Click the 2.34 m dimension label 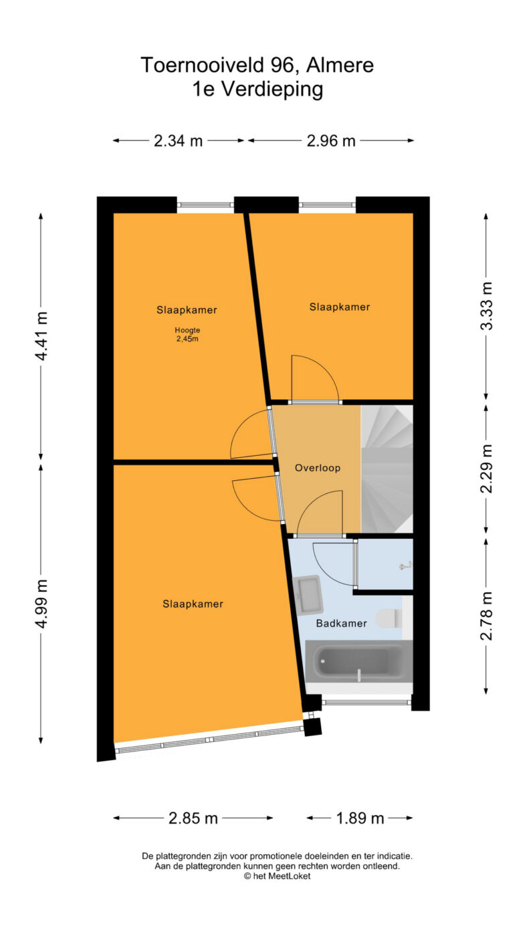(178, 141)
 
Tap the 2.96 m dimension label (331, 141)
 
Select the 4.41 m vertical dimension (41, 336)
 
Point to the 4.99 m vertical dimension (41, 603)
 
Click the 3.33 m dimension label (486, 306)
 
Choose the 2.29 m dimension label (486, 469)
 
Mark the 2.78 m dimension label (486, 616)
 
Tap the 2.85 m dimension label (193, 818)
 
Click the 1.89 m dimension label (360, 818)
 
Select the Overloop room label (318, 467)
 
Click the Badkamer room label (342, 623)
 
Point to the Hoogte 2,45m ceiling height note (187, 334)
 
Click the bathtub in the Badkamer (358, 661)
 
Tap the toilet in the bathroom (389, 618)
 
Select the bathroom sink (308, 595)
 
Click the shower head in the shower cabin (405, 566)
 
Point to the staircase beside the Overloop (387, 469)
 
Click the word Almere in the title (340, 65)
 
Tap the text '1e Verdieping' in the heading (257, 89)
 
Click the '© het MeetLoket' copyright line (277, 876)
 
